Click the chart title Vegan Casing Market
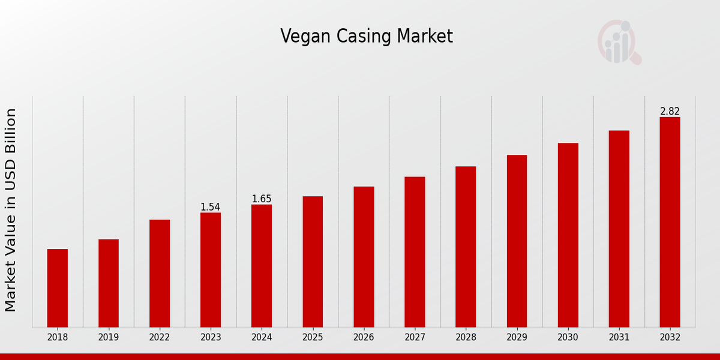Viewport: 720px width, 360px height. [x=367, y=37]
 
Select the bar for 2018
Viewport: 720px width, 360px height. [x=58, y=288]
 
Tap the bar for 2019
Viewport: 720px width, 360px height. [x=109, y=283]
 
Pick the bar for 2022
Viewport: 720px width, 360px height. [x=160, y=273]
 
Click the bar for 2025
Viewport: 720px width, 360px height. [x=313, y=262]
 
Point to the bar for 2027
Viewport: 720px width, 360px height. [x=415, y=252]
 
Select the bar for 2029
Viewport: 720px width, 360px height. [x=517, y=241]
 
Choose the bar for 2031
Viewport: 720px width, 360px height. [x=619, y=229]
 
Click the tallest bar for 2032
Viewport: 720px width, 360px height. [x=670, y=222]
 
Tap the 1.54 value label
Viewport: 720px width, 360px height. [x=210, y=207]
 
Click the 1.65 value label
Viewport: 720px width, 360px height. [x=262, y=199]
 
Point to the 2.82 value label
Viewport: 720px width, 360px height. [x=670, y=112]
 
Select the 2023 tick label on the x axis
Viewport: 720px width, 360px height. [x=211, y=338]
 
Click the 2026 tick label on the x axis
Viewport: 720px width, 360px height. [x=364, y=338]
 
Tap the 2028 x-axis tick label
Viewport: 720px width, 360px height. [x=466, y=338]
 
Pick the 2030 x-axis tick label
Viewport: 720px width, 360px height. [x=568, y=338]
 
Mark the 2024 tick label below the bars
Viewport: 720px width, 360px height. [x=262, y=338]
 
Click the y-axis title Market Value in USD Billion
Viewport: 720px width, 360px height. [x=11, y=210]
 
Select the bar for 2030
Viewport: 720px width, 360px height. [x=568, y=235]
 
